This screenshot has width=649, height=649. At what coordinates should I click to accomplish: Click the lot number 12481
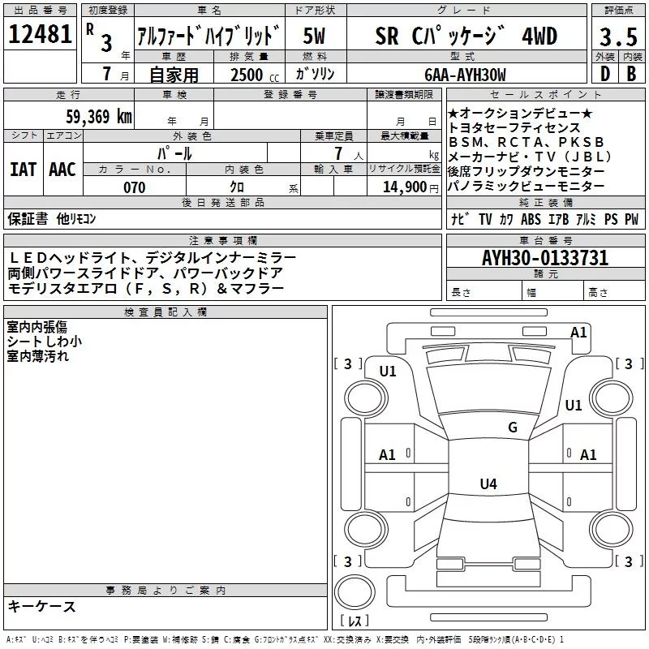coord(40,35)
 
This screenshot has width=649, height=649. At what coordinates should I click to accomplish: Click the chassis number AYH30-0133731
coord(545,259)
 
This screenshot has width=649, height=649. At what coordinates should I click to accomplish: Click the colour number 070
coord(134,187)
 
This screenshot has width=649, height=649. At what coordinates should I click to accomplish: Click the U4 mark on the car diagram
coord(488,484)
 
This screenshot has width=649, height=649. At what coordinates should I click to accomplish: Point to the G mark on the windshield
coord(512,428)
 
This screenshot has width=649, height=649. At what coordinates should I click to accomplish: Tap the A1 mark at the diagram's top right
coord(578,332)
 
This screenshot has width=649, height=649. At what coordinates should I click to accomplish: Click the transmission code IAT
coord(23,169)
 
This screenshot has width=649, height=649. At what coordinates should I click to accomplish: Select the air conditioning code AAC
coord(62,169)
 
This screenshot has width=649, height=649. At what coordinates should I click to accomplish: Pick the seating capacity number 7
coord(334,154)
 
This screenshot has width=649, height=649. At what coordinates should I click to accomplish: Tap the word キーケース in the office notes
coord(41,607)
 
